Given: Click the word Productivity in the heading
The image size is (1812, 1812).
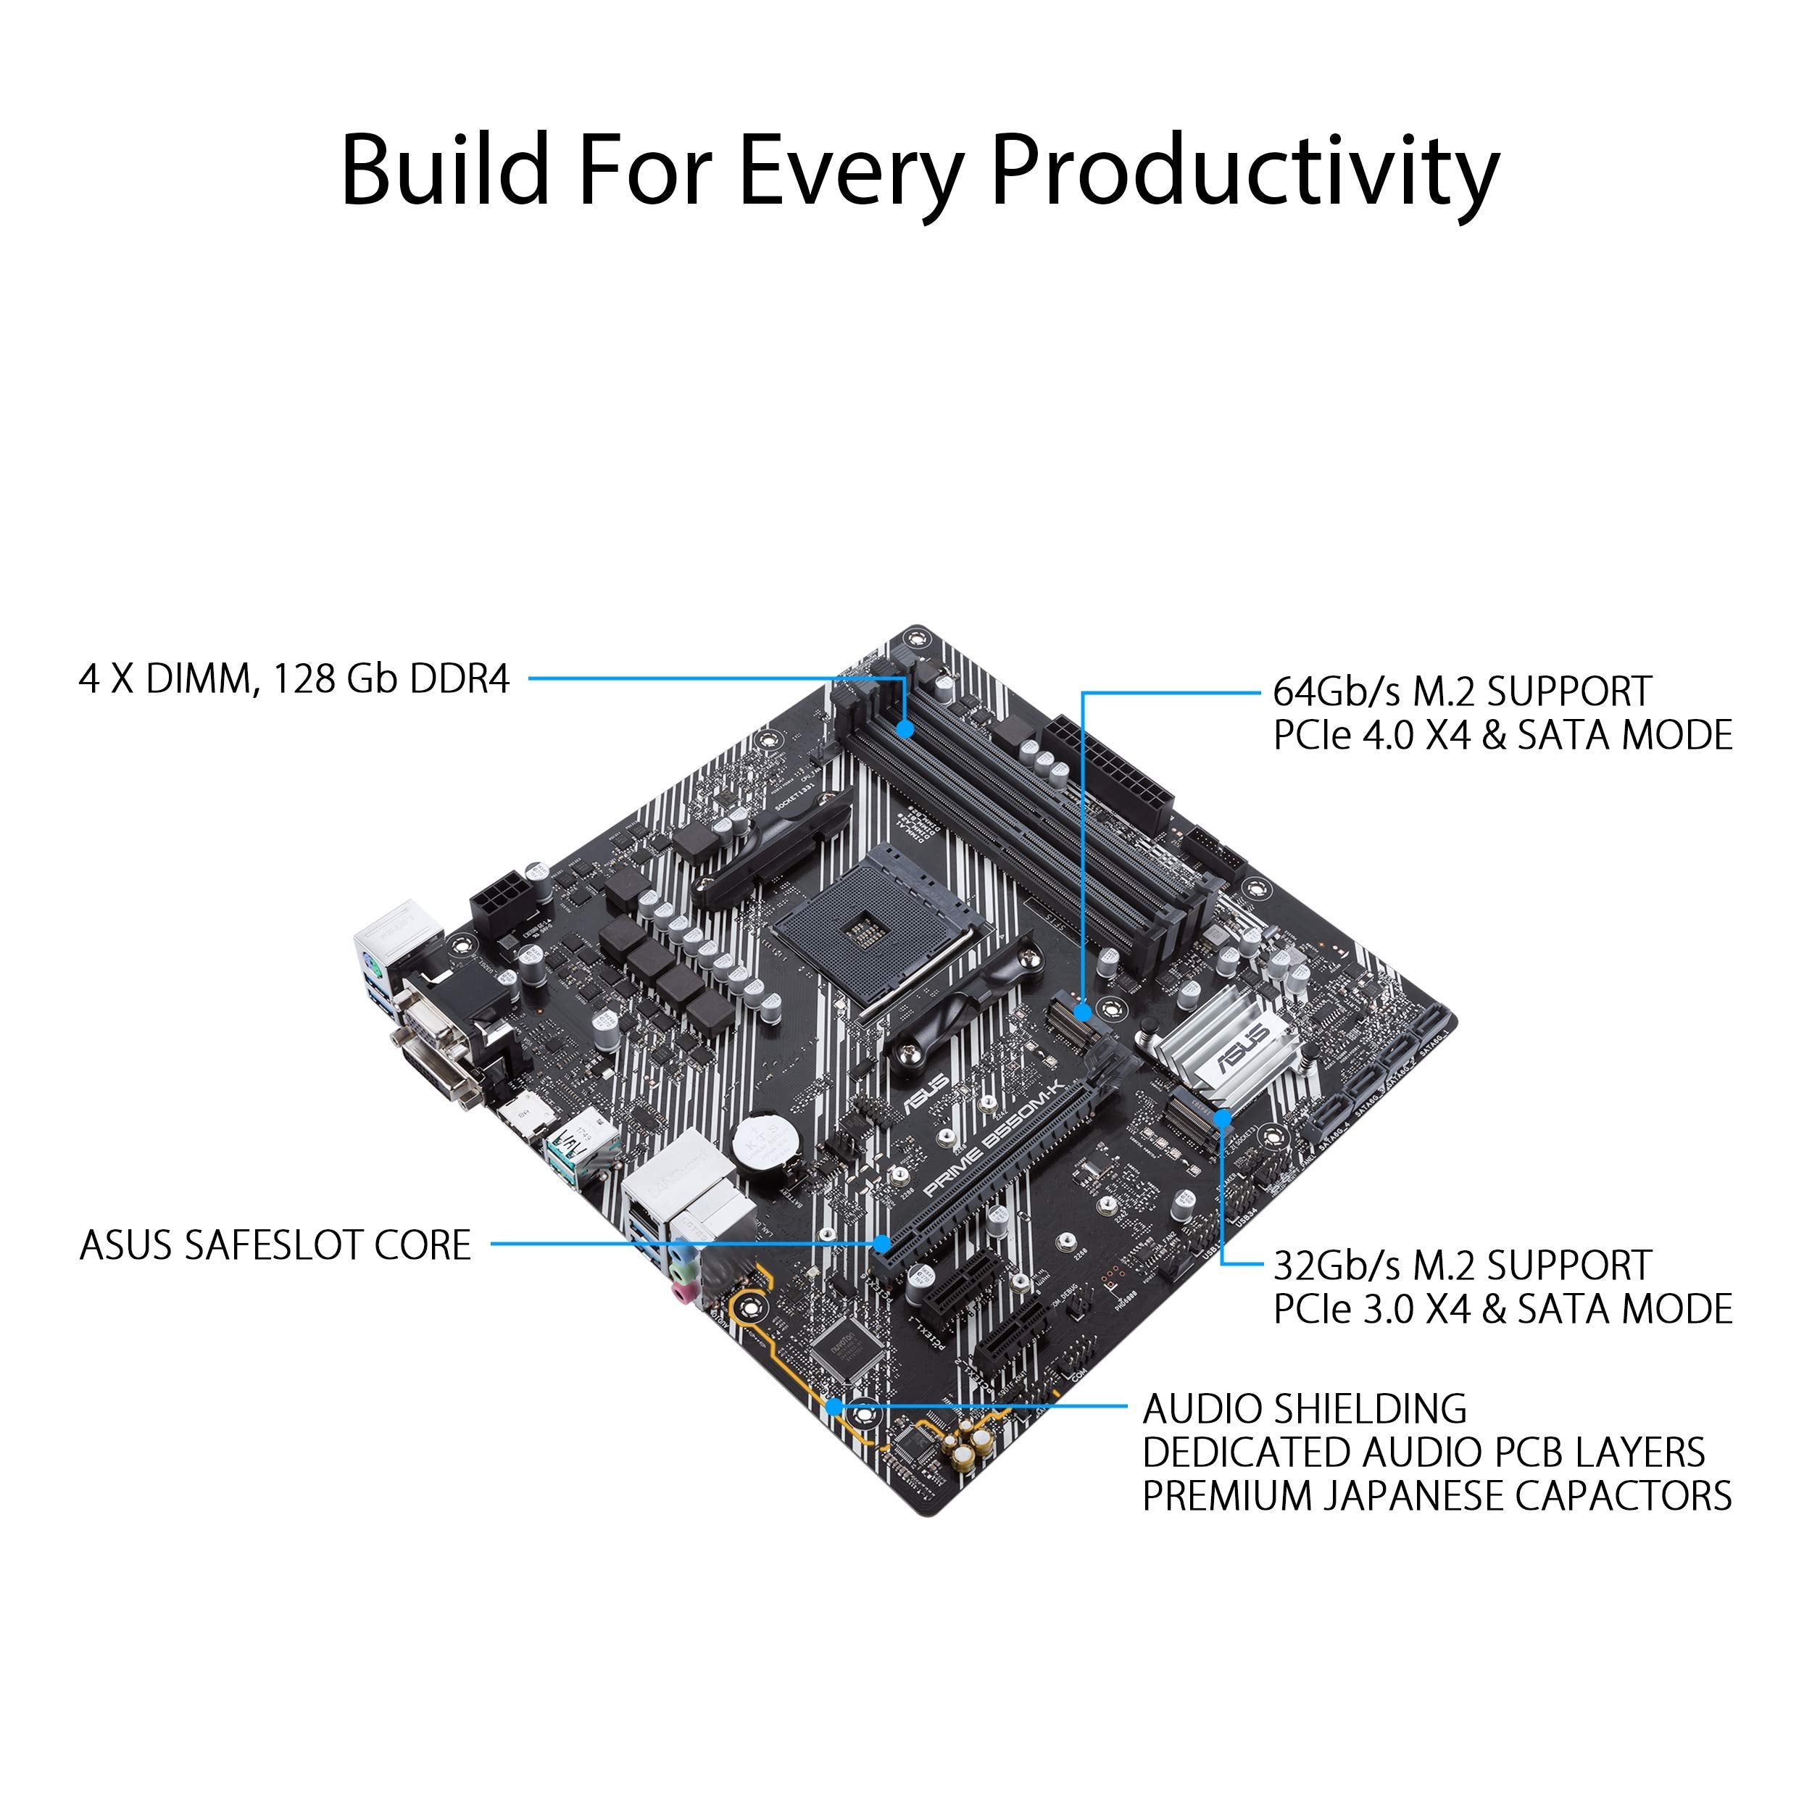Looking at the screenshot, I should pyautogui.click(x=1244, y=171).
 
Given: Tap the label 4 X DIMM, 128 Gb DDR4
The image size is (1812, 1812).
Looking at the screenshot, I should pyautogui.click(x=294, y=679).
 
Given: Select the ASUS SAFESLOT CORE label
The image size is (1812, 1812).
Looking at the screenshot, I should pyautogui.click(x=275, y=1245).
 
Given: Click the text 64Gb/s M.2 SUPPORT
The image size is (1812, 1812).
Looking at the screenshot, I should pyautogui.click(x=1461, y=691).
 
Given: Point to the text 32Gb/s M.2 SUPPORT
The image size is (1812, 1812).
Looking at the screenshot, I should pyautogui.click(x=1461, y=1266).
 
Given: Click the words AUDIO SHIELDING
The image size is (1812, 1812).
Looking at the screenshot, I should pyautogui.click(x=1305, y=1409).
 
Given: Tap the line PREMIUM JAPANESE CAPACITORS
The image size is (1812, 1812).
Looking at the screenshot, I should pyautogui.click(x=1436, y=1495).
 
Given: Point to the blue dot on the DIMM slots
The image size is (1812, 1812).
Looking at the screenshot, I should pyautogui.click(x=905, y=728).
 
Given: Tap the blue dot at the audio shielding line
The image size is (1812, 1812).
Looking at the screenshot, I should pyautogui.click(x=833, y=1407).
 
